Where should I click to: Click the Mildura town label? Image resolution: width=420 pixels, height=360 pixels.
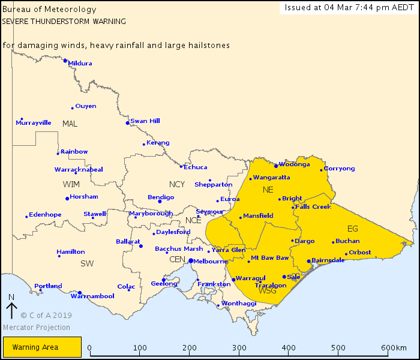coord(80,63)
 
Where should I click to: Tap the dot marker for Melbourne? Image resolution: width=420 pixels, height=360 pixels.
coord(191,261)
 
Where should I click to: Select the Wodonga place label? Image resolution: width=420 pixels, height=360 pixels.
coord(295,164)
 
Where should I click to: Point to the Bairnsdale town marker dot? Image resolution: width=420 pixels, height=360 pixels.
coord(308,261)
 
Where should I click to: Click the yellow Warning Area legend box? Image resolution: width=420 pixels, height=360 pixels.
coord(42,347)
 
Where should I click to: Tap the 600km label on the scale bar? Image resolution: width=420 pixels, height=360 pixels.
coord(394,348)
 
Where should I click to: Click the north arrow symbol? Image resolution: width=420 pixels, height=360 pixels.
coord(11,310)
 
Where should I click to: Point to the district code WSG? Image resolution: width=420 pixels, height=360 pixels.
coord(267,291)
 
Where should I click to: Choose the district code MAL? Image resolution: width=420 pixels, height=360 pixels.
coord(70,124)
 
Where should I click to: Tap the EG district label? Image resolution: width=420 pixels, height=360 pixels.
coord(352,229)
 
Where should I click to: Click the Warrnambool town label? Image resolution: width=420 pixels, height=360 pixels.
coord(92,296)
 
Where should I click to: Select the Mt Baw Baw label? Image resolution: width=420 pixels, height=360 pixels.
coord(270,257)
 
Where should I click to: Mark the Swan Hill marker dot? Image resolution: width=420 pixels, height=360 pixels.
coord(127,123)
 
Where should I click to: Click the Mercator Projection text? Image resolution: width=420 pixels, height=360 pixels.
coord(36,328)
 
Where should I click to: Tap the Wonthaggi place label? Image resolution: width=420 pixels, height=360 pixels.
coord(239,303)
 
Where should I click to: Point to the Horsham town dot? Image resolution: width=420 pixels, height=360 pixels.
coord(67,199)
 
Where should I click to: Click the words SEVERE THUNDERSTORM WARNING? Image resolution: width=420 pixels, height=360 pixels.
coord(64,21)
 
